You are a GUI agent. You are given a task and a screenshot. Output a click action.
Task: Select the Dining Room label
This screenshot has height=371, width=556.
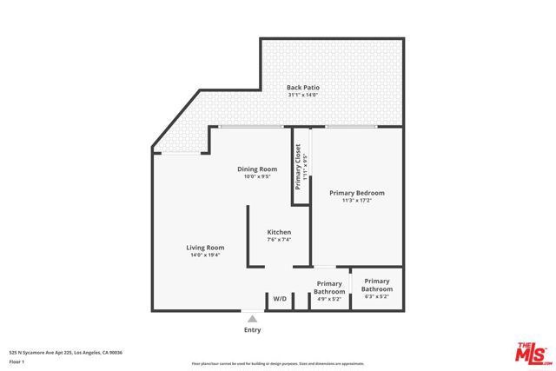coord(257,169)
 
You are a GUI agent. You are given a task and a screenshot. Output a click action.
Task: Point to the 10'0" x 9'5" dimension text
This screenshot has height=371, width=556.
coord(257,177)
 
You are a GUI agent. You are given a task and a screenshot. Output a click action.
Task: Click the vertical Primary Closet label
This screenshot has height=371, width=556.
coord(298,167)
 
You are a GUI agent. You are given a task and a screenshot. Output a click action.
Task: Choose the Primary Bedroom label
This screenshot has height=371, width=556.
coord(356,192)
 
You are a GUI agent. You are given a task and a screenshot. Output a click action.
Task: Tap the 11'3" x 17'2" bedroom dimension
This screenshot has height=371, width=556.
coord(356,201)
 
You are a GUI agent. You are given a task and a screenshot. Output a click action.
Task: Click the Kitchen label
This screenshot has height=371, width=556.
coord(279,232)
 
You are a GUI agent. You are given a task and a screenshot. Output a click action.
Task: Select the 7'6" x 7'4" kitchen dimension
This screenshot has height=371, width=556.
coord(279,240)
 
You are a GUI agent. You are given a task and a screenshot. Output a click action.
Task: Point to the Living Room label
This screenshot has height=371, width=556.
coord(205,248)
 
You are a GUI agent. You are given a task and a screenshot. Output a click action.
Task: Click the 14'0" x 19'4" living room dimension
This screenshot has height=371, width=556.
coord(205,255)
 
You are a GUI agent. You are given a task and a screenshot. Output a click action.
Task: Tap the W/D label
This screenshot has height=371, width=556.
coord(280,299)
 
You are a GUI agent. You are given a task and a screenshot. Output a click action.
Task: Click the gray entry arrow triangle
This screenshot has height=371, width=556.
coord(253,319)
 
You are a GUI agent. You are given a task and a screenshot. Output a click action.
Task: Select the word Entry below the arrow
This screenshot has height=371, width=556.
coord(253,330)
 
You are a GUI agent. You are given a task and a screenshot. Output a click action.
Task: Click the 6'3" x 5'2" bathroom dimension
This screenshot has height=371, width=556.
coord(376,296)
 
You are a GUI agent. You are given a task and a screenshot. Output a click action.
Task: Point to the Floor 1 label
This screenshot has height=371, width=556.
coord(17,361)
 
